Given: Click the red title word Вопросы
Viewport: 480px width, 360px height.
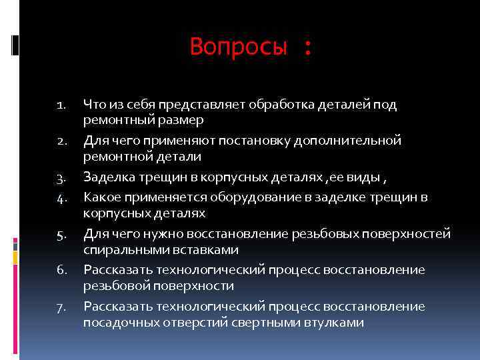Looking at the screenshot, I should [239, 47].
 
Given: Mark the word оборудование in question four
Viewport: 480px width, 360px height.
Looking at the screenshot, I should [245, 197].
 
